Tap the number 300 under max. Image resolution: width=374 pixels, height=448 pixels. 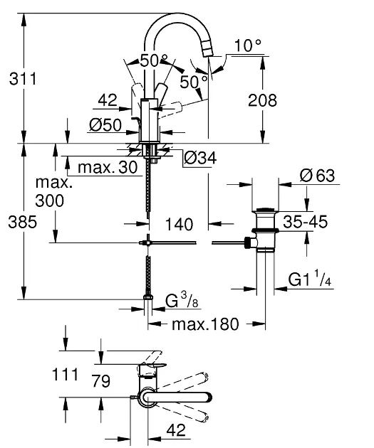48,201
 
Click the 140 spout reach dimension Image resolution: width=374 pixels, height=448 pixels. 174,225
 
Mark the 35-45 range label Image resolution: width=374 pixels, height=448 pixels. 305,223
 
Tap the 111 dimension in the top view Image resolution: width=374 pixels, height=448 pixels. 64,373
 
